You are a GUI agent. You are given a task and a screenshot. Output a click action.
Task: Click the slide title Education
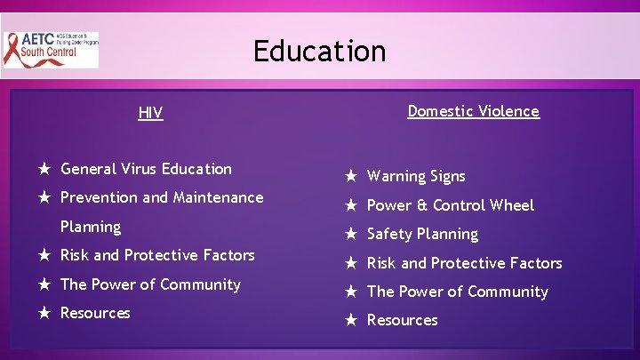click(x=319, y=51)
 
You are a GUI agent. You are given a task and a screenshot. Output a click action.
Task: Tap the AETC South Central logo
click(x=51, y=50)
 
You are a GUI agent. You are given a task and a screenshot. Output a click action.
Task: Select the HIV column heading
click(x=150, y=113)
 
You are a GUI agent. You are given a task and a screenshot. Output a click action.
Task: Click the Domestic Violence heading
click(x=473, y=111)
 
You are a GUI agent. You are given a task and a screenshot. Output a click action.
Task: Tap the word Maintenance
click(x=218, y=197)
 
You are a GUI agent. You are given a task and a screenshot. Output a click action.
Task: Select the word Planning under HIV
click(x=90, y=227)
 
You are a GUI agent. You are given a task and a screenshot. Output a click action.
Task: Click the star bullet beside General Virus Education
click(x=43, y=169)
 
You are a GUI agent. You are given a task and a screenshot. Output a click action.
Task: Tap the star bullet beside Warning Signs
click(x=350, y=176)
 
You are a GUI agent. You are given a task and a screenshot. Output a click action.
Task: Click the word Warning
click(x=397, y=176)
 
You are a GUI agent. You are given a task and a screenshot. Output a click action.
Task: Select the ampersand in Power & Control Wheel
click(x=420, y=205)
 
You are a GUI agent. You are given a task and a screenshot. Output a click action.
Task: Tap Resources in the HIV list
click(x=95, y=313)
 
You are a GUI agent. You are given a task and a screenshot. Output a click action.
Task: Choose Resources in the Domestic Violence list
click(x=402, y=320)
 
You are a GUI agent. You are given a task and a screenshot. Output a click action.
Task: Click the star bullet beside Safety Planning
click(x=350, y=235)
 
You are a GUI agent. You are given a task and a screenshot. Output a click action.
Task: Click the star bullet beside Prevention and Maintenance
click(x=43, y=197)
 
